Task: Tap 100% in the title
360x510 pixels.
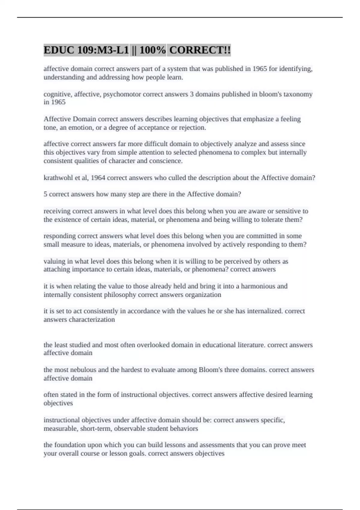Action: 153,50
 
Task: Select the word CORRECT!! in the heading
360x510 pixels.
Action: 200,50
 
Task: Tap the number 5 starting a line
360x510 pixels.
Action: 45,194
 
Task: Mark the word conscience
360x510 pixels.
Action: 167,161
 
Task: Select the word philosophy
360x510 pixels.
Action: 120,295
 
